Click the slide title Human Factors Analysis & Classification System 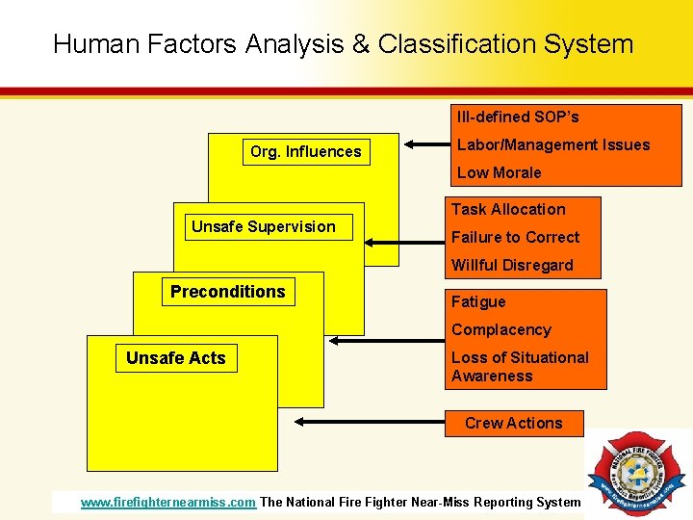(344, 44)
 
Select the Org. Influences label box (305, 151)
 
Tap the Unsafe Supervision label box (264, 227)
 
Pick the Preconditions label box (228, 292)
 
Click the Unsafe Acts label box (176, 358)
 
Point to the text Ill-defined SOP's (518, 117)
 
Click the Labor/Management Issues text (553, 145)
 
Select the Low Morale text (499, 173)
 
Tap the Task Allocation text (508, 210)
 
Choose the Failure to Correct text (515, 238)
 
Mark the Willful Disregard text (512, 266)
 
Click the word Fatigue (478, 302)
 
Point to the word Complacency (500, 330)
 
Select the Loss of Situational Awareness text (520, 367)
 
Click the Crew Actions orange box (514, 424)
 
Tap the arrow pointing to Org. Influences (426, 145)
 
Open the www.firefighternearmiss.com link (168, 502)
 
